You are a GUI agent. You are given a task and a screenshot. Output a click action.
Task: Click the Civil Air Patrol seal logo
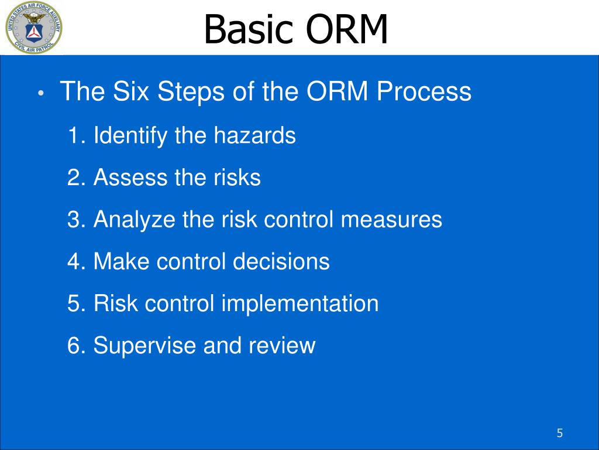click(x=33, y=28)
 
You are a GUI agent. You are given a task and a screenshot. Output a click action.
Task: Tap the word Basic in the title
click(x=248, y=29)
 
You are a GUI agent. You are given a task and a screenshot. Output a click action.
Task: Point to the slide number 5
click(x=560, y=433)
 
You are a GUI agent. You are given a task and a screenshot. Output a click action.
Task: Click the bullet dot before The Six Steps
click(x=42, y=93)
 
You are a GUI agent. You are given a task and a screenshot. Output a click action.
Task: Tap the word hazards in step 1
click(x=254, y=135)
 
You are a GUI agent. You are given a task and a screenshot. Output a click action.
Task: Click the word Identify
click(x=130, y=136)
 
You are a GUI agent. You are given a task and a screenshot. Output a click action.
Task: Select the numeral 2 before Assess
click(x=73, y=178)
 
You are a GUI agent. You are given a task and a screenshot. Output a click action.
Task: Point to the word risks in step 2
click(x=237, y=177)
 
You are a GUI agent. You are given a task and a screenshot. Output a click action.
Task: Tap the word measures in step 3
click(x=391, y=220)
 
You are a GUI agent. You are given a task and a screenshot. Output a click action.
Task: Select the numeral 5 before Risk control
click(x=73, y=304)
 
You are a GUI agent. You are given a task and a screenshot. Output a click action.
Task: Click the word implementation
click(x=300, y=304)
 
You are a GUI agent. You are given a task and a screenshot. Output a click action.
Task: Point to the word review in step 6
click(x=282, y=345)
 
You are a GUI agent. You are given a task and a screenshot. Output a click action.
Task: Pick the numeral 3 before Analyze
click(x=73, y=220)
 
